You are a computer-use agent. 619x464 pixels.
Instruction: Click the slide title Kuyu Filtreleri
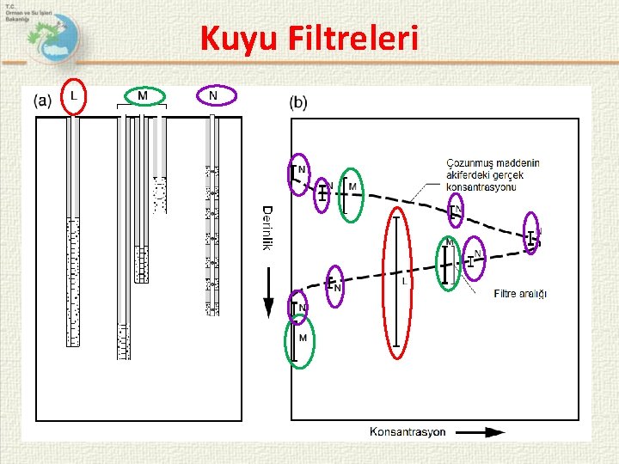pos(309,39)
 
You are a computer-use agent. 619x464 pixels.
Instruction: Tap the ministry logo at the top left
pos(47,35)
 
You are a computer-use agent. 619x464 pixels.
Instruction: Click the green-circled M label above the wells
pos(143,96)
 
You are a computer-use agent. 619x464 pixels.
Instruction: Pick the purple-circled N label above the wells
pos(213,96)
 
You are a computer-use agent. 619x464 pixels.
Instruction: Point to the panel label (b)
pos(298,103)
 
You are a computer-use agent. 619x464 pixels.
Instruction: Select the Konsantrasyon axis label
pos(408,431)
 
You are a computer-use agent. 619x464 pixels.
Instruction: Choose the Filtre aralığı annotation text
pos(522,295)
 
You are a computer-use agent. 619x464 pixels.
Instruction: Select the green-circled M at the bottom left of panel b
pos(299,342)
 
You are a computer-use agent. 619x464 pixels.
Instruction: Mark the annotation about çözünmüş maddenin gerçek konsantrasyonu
pos(486,175)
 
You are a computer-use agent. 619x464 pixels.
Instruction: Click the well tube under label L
pos(73,232)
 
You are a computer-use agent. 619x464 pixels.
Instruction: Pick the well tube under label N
pos(212,215)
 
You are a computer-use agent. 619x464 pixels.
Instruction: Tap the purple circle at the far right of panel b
pos(533,234)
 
